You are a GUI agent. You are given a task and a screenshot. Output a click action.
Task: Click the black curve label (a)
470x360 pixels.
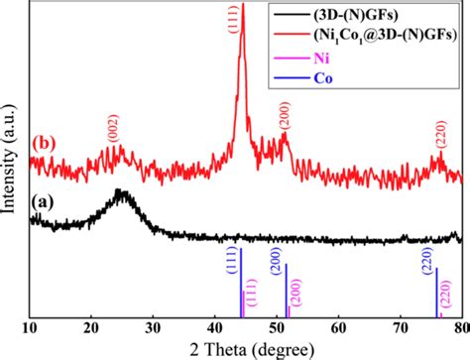pos(44,201)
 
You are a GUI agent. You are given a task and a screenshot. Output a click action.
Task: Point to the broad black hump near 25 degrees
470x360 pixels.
pos(121,194)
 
